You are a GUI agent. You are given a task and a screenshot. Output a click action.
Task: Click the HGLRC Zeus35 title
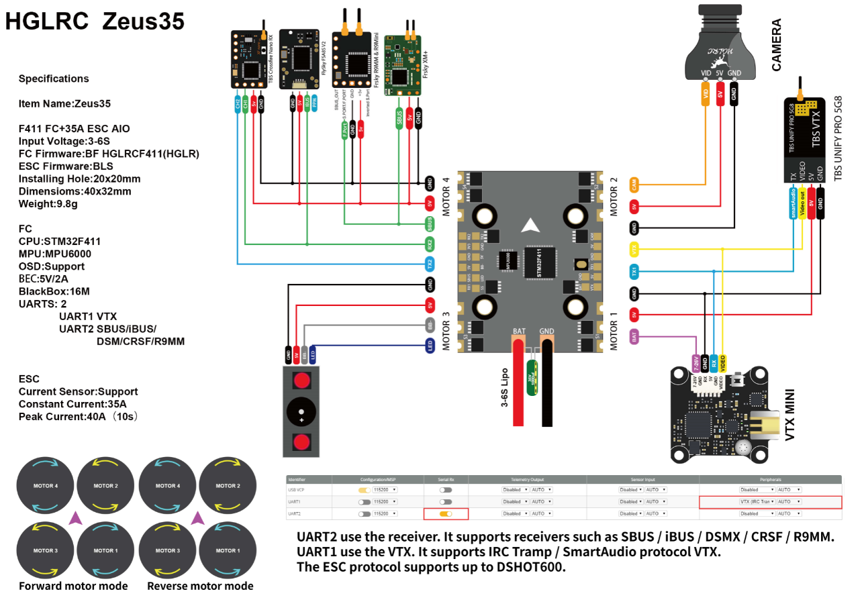point(95,21)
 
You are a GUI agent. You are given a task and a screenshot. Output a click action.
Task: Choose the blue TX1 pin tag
point(634,272)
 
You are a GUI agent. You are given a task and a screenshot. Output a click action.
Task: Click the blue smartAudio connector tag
point(793,203)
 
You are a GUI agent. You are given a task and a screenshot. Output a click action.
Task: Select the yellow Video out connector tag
point(802,203)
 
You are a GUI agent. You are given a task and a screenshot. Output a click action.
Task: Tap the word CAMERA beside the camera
point(776,45)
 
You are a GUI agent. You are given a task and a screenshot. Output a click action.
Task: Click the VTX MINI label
point(789,415)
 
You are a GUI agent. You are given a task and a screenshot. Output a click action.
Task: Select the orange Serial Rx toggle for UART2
point(445,513)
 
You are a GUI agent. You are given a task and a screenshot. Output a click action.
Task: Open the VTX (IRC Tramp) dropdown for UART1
point(757,501)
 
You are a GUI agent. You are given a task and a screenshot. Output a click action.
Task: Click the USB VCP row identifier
point(296,490)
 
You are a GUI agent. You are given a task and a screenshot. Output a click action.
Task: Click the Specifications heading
point(54,79)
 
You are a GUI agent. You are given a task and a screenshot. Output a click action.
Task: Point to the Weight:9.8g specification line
point(48,203)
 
